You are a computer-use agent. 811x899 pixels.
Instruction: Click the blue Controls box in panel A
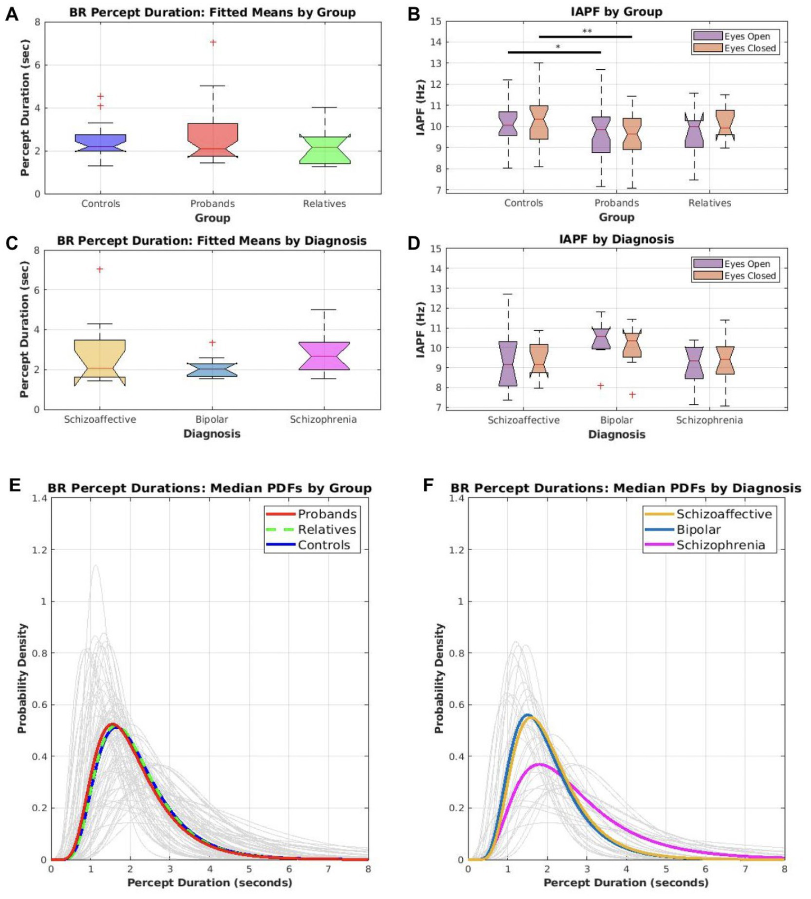click(100, 143)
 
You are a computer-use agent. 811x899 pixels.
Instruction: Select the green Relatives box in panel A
click(324, 150)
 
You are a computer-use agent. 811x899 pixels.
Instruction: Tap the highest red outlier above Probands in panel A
click(213, 42)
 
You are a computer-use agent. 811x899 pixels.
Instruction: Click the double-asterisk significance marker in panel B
click(587, 32)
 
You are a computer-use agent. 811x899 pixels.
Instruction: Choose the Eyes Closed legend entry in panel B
click(735, 48)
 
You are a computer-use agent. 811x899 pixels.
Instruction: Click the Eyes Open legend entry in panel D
click(734, 264)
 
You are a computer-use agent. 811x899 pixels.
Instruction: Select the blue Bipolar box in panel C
click(212, 369)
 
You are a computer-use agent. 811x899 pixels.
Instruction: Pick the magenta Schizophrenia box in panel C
click(324, 356)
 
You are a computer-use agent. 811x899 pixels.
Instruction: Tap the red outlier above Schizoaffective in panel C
click(99, 269)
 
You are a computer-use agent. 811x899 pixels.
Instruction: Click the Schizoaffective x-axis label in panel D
click(523, 420)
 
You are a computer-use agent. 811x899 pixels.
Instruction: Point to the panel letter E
click(14, 485)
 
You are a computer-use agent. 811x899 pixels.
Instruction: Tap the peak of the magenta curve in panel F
click(538, 764)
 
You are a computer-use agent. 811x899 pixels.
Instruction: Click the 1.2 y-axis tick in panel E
click(40, 550)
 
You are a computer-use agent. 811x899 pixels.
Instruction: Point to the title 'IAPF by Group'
click(616, 12)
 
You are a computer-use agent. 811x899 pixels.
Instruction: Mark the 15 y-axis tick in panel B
click(436, 22)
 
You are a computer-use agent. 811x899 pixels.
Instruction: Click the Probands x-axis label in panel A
click(212, 204)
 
